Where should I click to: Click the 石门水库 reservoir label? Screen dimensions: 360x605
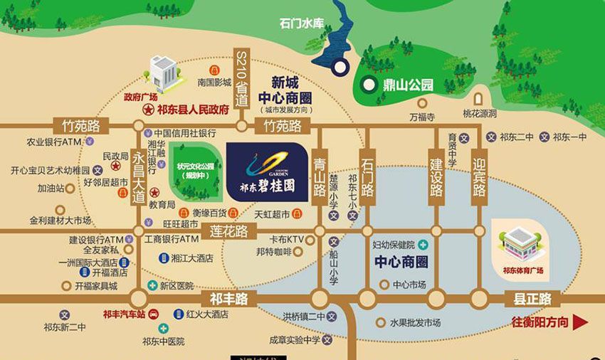(x=302, y=23)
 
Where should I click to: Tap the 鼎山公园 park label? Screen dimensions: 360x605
(x=406, y=85)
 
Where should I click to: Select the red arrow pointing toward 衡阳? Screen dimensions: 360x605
(x=582, y=322)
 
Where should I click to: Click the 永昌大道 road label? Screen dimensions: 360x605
(x=139, y=178)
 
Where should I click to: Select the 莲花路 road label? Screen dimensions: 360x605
(x=228, y=231)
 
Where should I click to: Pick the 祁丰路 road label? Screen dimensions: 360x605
(x=228, y=297)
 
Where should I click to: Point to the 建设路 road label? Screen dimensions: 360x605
(x=436, y=175)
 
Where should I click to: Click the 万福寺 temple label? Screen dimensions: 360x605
(x=421, y=115)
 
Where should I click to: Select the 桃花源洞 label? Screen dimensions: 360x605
(x=480, y=114)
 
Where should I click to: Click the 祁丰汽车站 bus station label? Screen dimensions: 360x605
(x=123, y=314)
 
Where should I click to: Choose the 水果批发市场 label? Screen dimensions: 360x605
(x=415, y=322)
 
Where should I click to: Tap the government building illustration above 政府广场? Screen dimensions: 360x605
(x=163, y=73)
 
